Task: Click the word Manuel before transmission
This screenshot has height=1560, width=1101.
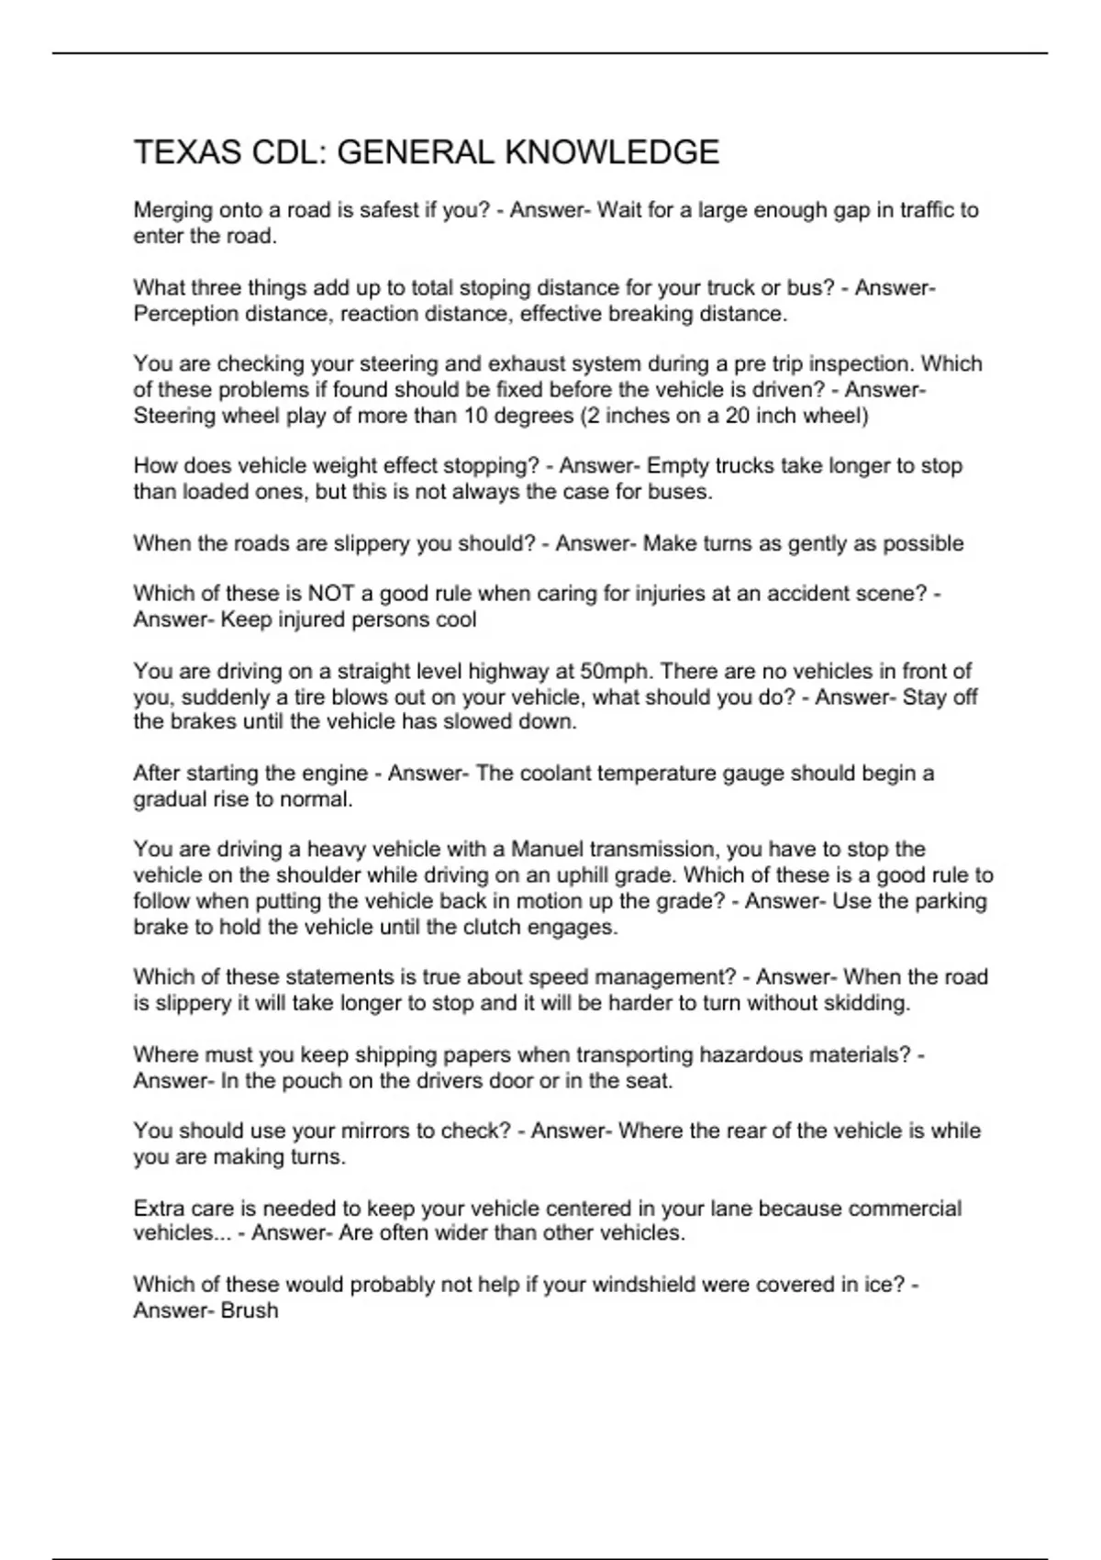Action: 547,850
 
